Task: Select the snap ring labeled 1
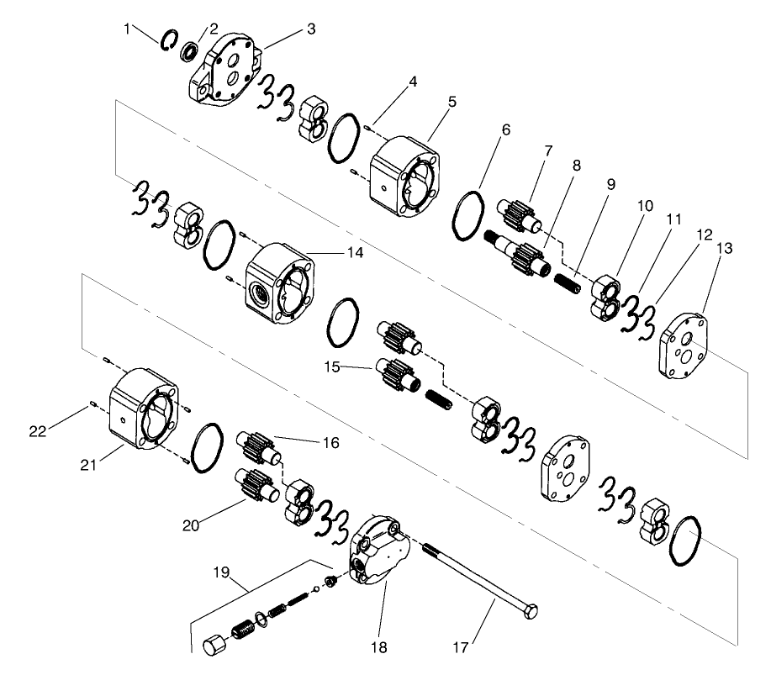tap(168, 41)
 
